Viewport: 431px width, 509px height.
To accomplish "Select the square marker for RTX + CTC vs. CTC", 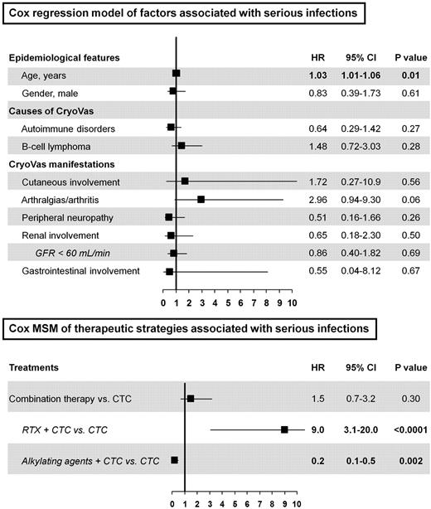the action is point(284,429).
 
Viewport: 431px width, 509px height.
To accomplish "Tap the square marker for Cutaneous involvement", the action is point(185,181).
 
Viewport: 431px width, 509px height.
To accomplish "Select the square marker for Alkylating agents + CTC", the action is point(175,459).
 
